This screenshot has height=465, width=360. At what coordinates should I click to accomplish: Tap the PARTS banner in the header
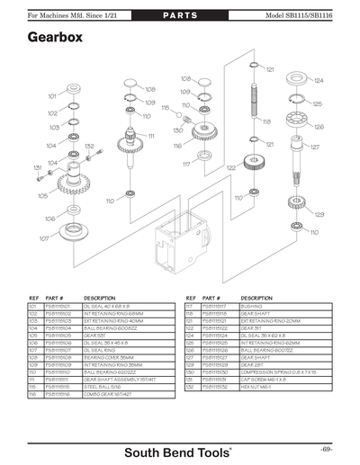(180, 16)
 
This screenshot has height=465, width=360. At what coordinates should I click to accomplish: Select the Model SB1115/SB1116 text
(310, 16)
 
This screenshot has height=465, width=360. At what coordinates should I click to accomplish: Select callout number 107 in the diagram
(43, 238)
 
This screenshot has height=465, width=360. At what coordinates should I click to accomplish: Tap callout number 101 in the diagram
(52, 95)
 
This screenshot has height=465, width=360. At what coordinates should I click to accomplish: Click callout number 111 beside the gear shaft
(152, 136)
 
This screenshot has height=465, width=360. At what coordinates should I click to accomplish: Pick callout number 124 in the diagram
(318, 80)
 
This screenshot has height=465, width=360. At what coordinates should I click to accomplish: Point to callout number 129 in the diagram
(319, 214)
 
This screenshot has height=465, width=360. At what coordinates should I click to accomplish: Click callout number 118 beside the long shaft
(266, 121)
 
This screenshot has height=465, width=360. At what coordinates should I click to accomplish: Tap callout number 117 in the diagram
(186, 164)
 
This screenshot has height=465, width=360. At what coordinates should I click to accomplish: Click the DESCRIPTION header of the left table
(99, 297)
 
